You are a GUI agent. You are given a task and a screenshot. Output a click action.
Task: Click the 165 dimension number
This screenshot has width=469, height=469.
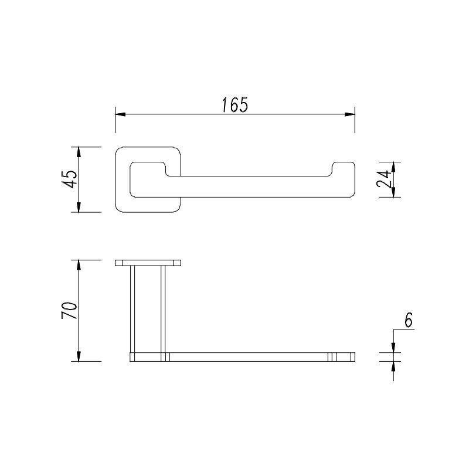[235, 105]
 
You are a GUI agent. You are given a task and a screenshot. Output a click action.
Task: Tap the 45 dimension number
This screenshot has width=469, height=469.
[70, 179]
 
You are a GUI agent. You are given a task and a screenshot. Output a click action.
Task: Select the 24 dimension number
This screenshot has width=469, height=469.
[383, 179]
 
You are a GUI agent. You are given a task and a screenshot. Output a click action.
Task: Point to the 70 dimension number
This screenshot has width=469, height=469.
[69, 311]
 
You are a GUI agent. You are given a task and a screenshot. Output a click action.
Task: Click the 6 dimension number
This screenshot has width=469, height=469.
[408, 320]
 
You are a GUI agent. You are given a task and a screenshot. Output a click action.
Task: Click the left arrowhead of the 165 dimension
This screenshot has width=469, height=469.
[120, 114]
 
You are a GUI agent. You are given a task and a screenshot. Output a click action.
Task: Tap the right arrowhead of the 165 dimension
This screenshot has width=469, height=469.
[349, 114]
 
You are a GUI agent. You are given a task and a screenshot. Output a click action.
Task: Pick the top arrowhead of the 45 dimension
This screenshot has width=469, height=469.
[79, 152]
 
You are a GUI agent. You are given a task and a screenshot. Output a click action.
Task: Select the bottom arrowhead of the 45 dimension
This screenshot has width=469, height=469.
[79, 207]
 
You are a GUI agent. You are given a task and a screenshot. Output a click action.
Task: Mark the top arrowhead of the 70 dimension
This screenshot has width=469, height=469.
[79, 265]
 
